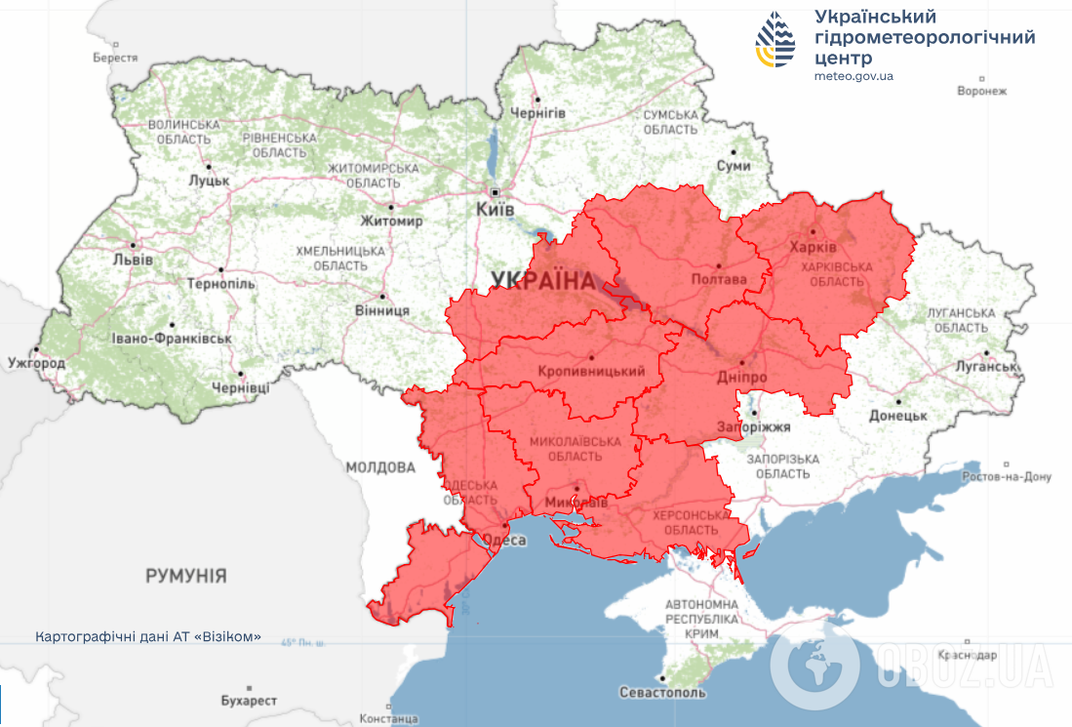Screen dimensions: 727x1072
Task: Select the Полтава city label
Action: coord(718,279)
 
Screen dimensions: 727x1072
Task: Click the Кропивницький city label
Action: coord(592,371)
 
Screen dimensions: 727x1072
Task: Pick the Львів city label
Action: coord(133,260)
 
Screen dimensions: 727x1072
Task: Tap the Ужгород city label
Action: coord(36,363)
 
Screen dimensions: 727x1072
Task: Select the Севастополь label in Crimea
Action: coord(661,692)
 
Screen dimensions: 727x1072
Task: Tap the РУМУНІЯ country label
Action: coord(186,576)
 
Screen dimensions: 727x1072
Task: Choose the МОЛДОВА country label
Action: coord(380,467)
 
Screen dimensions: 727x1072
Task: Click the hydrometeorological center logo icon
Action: coord(775,40)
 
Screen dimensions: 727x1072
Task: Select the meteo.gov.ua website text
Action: coord(854,76)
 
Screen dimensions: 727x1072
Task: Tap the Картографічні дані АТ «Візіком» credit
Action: coord(148,636)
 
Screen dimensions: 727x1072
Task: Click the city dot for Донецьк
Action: coord(897,401)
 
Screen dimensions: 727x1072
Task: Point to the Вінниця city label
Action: coord(382,310)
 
